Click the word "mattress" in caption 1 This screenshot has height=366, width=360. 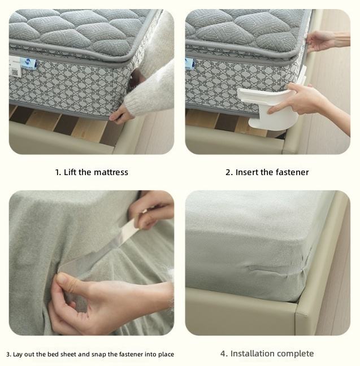point(111,172)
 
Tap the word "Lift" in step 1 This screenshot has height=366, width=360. point(70,172)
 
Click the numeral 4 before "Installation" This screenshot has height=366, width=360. point(223,354)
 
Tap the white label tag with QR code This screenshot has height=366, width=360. point(15,66)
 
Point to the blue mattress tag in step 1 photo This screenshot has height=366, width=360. point(28,63)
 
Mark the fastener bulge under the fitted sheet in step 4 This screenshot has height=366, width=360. point(264,268)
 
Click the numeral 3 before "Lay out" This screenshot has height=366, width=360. point(8,354)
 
